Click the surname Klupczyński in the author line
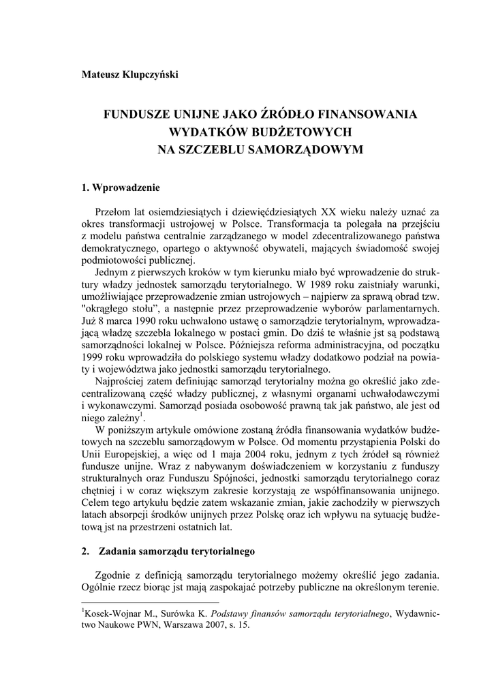(x=152, y=74)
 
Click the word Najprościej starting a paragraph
(x=124, y=380)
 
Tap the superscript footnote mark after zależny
(x=141, y=414)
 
